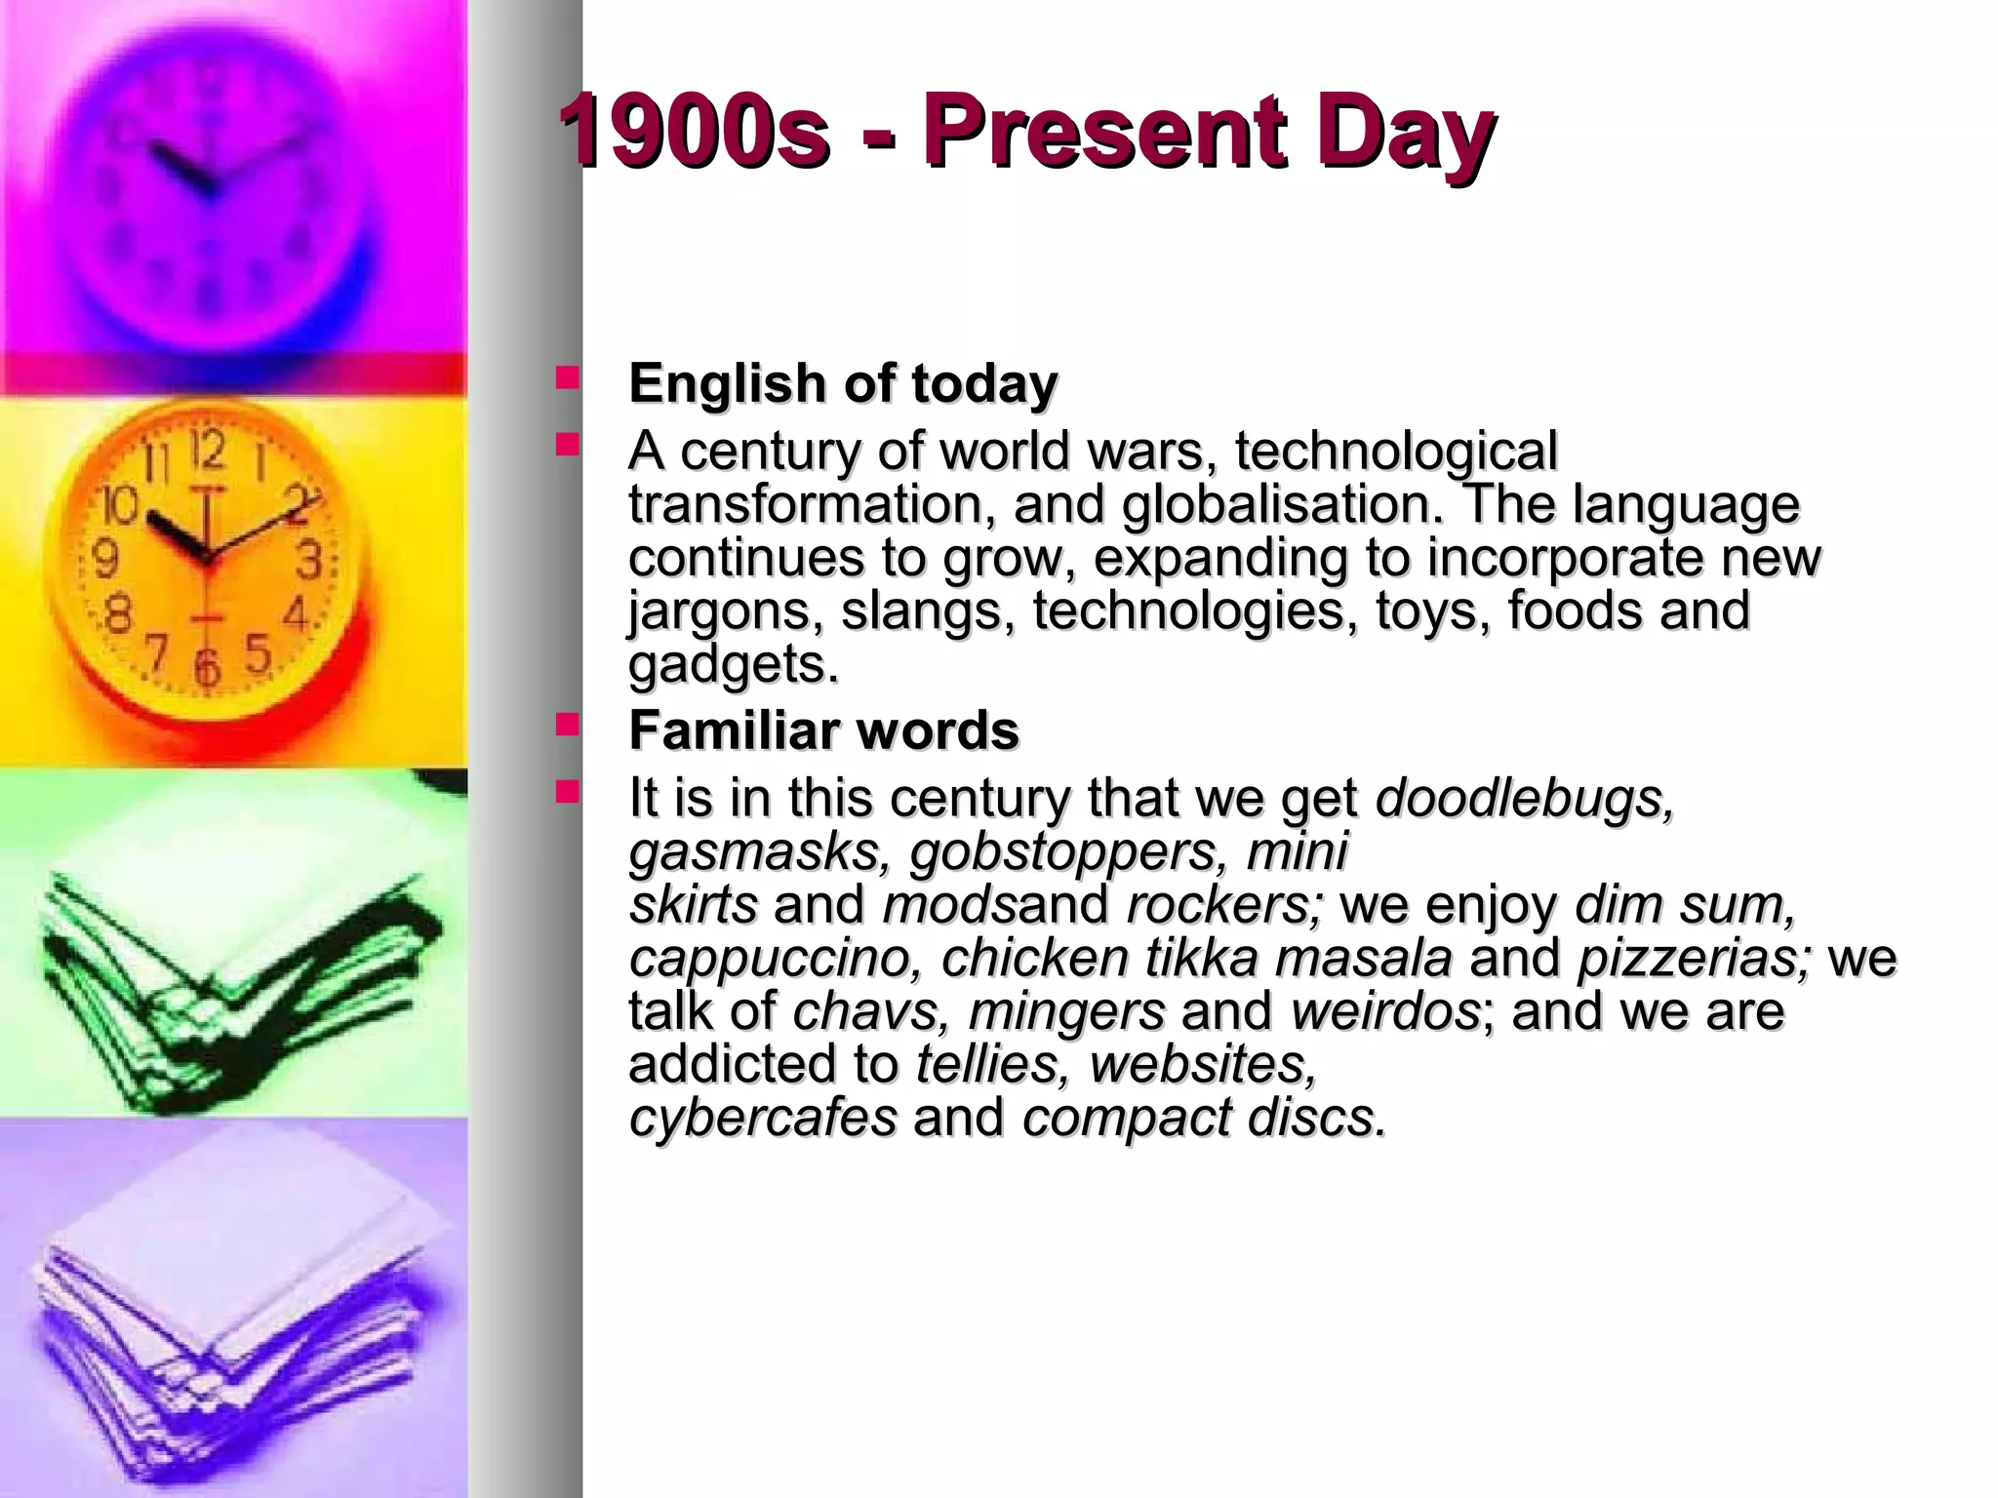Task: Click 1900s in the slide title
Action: tap(694, 131)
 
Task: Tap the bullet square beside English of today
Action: tap(567, 377)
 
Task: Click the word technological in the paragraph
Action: tap(1396, 453)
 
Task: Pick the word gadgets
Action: tap(733, 665)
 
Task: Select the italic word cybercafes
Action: tap(762, 1117)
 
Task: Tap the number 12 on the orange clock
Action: tap(207, 450)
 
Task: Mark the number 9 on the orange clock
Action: tap(104, 560)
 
